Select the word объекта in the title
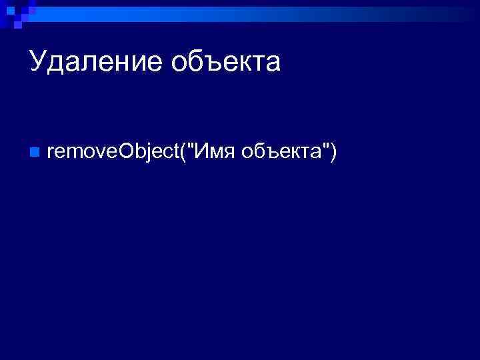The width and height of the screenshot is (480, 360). point(226,63)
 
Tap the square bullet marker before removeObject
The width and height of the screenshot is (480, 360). point(35,153)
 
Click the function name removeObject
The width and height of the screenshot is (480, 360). point(113,153)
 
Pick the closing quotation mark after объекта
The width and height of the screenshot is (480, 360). point(326,148)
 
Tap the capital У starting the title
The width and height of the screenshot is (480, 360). point(39,63)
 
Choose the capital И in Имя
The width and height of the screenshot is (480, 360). point(202,153)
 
